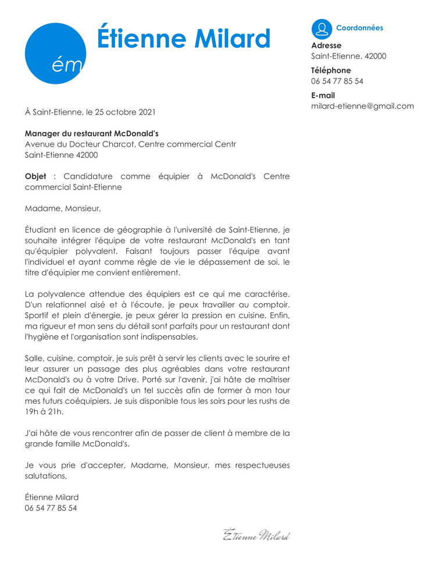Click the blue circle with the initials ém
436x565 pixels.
(x=55, y=54)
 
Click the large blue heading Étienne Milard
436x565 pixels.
(x=184, y=38)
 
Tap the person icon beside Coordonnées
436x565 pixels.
(x=321, y=29)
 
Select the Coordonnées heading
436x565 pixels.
(x=359, y=28)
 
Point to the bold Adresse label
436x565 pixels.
(x=326, y=45)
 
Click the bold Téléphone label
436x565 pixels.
(x=331, y=70)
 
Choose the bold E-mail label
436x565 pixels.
(x=323, y=95)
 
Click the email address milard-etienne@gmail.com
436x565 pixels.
(x=362, y=106)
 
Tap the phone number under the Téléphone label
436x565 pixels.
(x=337, y=81)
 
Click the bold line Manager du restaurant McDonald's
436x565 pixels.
(x=96, y=133)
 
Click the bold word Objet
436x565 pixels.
(x=35, y=176)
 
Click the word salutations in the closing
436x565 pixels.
(x=45, y=476)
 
